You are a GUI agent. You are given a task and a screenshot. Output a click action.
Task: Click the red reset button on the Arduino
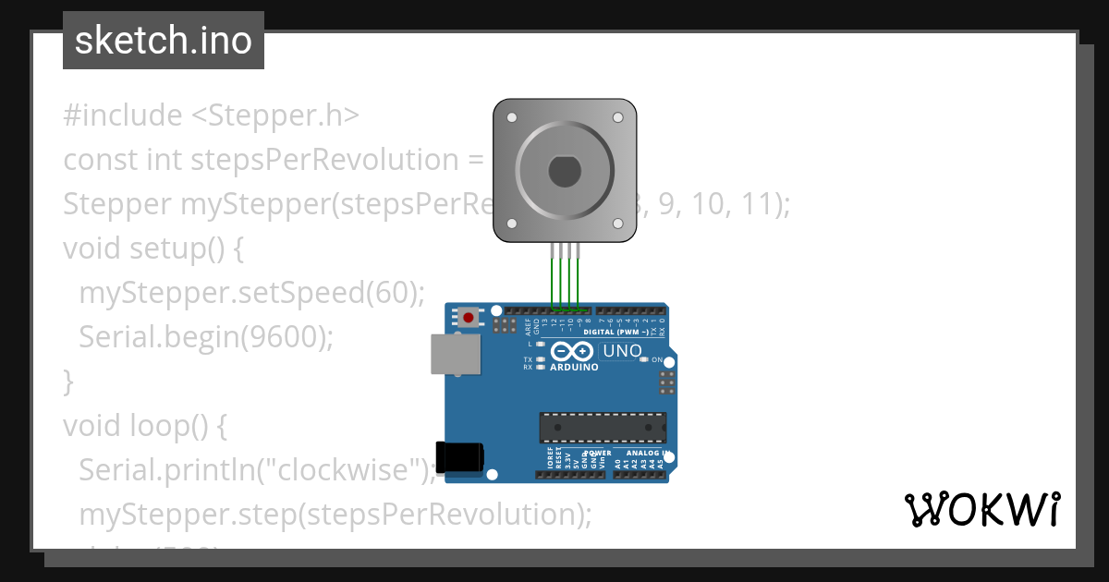[469, 318]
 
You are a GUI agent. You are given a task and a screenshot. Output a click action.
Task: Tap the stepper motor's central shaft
[563, 171]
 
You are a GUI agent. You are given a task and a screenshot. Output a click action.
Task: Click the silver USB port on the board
[456, 354]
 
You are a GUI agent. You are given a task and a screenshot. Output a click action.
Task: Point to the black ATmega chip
[603, 427]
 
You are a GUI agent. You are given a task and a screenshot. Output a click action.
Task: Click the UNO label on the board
[621, 351]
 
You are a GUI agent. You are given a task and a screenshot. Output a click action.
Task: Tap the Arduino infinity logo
[573, 351]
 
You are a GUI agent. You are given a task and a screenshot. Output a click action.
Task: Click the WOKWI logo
[982, 509]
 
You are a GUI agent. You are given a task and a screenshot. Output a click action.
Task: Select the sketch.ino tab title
[164, 41]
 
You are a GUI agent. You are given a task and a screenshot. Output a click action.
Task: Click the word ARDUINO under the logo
[574, 367]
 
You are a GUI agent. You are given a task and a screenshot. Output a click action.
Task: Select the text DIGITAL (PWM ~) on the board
[615, 333]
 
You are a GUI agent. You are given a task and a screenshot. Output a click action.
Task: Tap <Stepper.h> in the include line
[274, 115]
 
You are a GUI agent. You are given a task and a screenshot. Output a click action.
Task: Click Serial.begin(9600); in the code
[205, 337]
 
